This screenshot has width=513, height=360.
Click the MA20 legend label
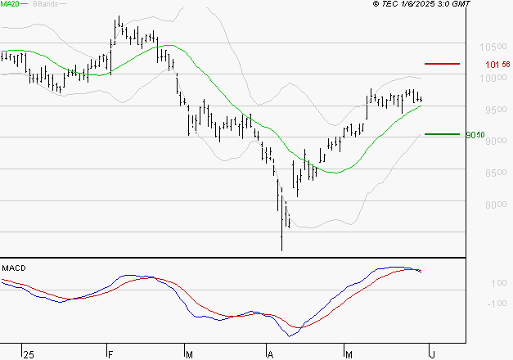(11, 4)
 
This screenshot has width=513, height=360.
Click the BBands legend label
(46, 4)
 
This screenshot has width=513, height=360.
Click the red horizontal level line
(442, 63)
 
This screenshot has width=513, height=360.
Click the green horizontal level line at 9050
(442, 134)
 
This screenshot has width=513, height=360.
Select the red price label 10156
(493, 64)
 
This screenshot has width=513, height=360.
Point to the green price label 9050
(476, 135)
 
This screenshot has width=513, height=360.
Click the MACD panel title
(13, 268)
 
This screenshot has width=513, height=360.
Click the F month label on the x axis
(110, 354)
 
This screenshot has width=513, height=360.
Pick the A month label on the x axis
(270, 354)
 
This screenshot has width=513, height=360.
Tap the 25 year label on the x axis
(29, 354)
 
